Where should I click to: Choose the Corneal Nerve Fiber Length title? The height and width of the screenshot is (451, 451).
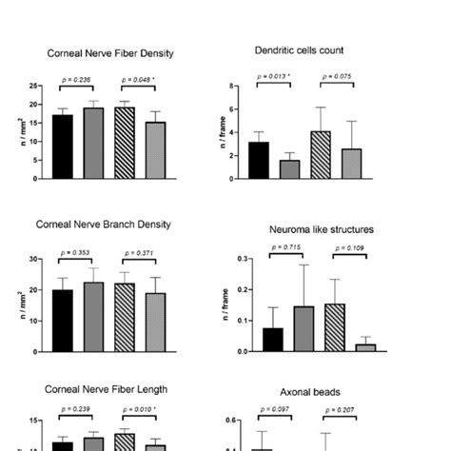(107, 389)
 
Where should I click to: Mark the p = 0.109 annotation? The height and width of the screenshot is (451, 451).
(347, 247)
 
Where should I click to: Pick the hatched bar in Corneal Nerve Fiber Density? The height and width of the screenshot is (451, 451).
(125, 143)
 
